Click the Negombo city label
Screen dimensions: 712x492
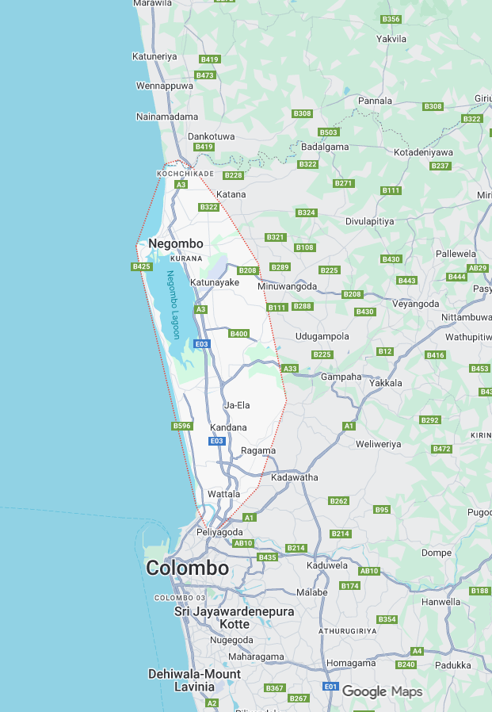coord(176,243)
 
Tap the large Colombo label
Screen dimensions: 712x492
coord(187,568)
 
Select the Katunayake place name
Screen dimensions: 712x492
coord(215,281)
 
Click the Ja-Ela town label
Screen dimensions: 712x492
coord(237,405)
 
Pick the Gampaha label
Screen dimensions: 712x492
coord(341,377)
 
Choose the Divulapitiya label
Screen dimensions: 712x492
coord(369,221)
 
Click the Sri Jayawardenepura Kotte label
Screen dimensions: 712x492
coord(235,618)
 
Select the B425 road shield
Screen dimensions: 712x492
coord(141,267)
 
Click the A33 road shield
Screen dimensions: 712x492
coord(290,369)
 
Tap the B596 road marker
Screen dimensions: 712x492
coord(182,427)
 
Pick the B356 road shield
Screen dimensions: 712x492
coord(391,19)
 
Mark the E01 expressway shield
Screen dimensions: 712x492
coord(331,686)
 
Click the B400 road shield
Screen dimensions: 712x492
coord(239,334)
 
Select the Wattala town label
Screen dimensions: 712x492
coord(223,494)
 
